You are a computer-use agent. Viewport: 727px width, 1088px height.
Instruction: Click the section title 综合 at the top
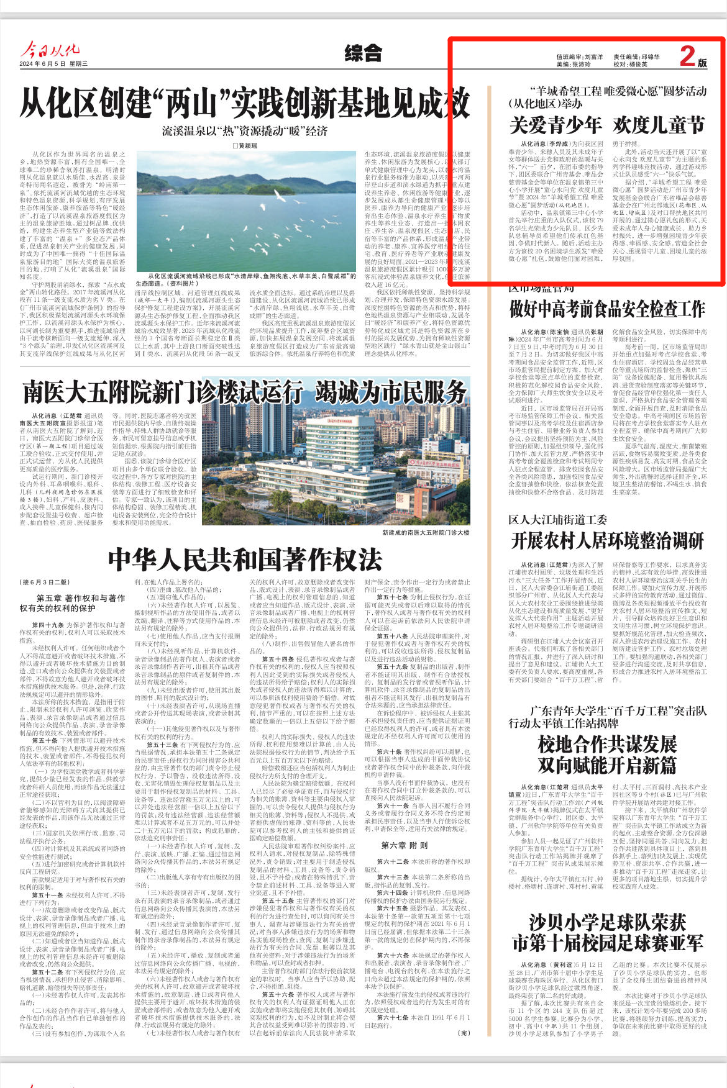coord(363,53)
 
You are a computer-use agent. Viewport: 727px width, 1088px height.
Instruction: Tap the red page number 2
coord(687,57)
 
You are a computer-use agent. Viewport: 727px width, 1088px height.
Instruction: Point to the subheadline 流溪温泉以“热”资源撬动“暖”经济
coord(244,131)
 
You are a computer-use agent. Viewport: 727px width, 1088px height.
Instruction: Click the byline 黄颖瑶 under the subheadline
coord(244,145)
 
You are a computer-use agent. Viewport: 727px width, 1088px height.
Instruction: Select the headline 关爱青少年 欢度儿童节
coord(607,125)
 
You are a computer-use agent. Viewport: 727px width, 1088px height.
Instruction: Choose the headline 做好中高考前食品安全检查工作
coord(607,309)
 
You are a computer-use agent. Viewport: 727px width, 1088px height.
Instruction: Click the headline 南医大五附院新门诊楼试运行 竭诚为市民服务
coord(244,392)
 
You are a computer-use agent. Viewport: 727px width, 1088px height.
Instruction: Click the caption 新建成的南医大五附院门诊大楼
coord(426,533)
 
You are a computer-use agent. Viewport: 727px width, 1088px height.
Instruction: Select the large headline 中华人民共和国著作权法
coord(244,560)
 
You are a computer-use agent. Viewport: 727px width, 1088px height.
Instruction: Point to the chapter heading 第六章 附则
coord(405,845)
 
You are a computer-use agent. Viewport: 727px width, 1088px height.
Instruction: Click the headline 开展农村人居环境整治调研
coord(607,541)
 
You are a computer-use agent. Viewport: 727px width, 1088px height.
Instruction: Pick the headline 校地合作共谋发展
coord(607,743)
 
